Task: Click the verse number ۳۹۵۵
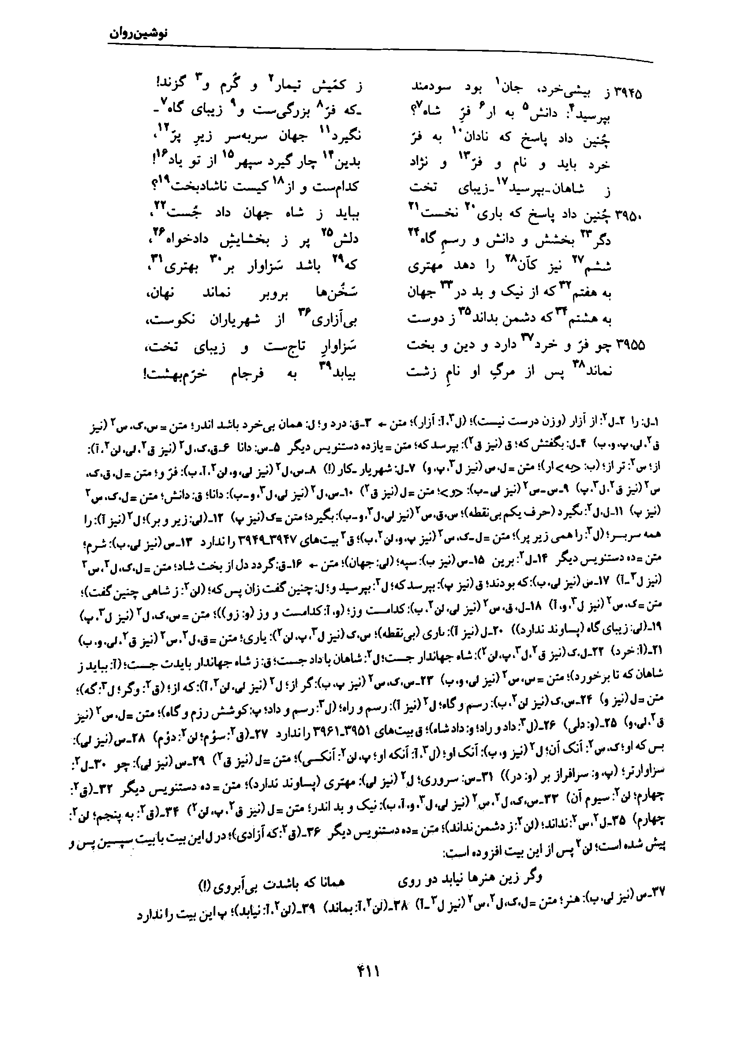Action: point(631,345)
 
